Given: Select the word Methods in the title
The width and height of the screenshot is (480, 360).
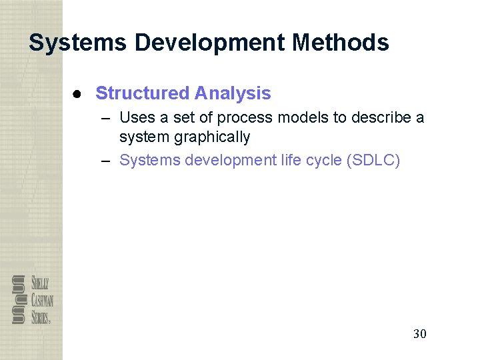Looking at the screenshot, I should pyautogui.click(x=340, y=43).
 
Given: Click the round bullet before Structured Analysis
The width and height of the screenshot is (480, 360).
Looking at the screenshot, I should pyautogui.click(x=77, y=93).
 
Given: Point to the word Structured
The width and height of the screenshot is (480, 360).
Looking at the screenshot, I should pyautogui.click(x=142, y=93).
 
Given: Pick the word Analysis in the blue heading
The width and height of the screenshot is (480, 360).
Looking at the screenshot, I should pyautogui.click(x=233, y=93).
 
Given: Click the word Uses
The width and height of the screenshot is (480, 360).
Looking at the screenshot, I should pyautogui.click(x=137, y=118).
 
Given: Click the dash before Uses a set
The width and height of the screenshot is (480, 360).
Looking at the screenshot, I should pyautogui.click(x=107, y=118).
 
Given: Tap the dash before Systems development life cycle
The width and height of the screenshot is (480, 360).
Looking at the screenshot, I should pyautogui.click(x=107, y=160).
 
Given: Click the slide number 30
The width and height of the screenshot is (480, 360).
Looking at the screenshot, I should pyautogui.click(x=419, y=333).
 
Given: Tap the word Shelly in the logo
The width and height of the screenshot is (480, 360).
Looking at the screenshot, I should pyautogui.click(x=40, y=283).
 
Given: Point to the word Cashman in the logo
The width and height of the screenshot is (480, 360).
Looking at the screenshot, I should pyautogui.click(x=42, y=300).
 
